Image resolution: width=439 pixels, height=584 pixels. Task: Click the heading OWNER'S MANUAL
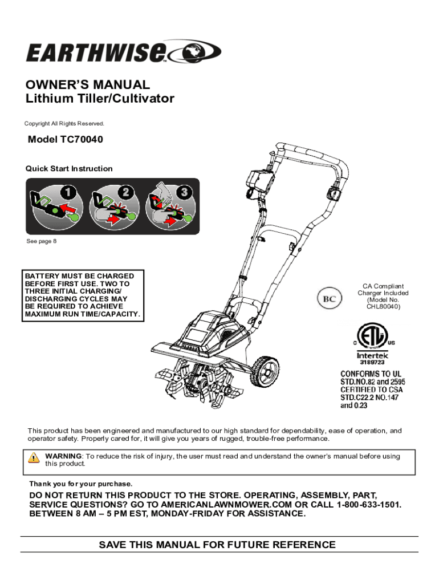[88, 85]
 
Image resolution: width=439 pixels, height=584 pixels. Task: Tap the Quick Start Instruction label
[69, 169]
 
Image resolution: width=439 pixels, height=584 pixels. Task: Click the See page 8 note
[42, 241]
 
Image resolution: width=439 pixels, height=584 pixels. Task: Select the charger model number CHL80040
[383, 307]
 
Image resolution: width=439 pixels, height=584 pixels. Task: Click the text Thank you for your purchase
[80, 484]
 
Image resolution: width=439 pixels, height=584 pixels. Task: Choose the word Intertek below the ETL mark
[371, 354]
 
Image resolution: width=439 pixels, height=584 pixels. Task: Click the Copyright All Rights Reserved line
[64, 124]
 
